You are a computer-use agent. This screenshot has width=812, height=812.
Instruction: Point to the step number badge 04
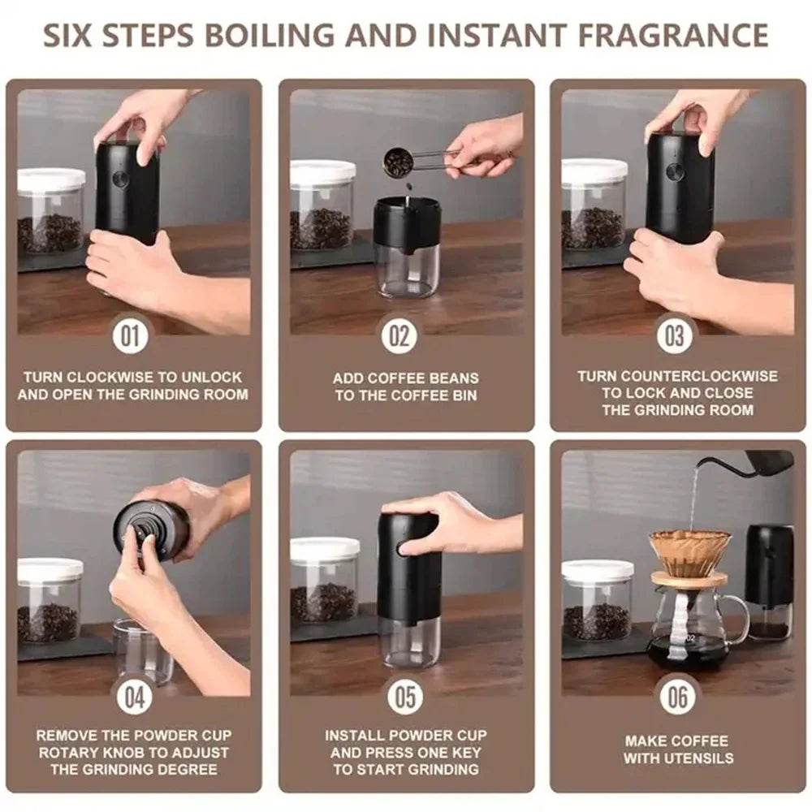[134, 697]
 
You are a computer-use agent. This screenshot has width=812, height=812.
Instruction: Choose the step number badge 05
[405, 697]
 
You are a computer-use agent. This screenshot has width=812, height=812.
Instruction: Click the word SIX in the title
[76, 37]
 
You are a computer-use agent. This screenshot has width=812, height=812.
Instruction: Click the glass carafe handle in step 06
[738, 615]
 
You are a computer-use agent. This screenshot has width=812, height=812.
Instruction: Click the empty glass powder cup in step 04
[143, 650]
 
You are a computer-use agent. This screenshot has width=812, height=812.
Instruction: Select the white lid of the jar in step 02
[322, 172]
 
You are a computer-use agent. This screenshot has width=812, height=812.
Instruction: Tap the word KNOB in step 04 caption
[142, 753]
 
